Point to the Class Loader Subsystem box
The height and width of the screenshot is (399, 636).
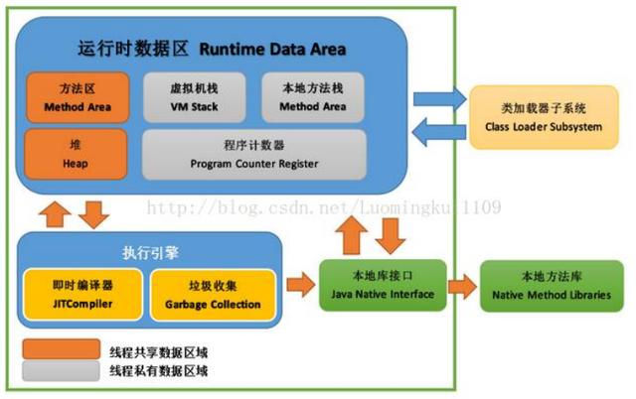(x=538, y=117)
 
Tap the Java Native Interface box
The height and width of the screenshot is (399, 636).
(x=383, y=286)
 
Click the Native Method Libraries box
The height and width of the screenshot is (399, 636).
(x=544, y=286)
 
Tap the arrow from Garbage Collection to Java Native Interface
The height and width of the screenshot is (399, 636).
(x=299, y=286)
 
